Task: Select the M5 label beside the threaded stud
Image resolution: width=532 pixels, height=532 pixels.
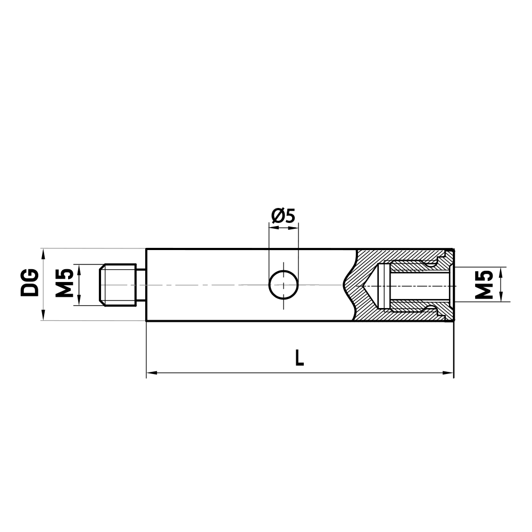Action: point(64,284)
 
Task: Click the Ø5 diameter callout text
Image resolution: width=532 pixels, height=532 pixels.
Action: point(282,216)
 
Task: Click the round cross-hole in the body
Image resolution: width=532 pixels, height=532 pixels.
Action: point(284,285)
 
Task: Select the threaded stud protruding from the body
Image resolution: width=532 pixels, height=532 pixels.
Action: point(118,285)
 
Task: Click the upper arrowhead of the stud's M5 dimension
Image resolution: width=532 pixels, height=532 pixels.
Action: point(79,269)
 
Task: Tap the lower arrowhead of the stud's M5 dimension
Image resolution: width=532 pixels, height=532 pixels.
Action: point(79,301)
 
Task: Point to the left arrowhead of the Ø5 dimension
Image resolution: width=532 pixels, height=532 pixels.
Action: point(273,228)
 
